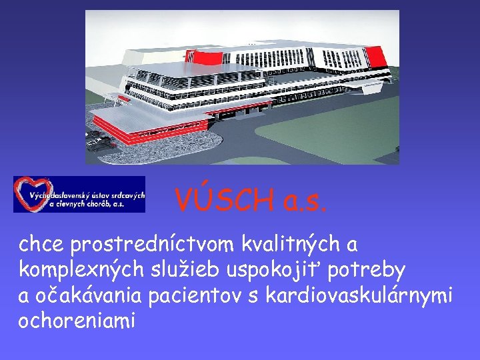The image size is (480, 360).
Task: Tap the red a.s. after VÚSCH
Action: pyautogui.click(x=303, y=200)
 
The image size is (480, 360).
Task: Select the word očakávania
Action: pyautogui.click(x=99, y=295)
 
